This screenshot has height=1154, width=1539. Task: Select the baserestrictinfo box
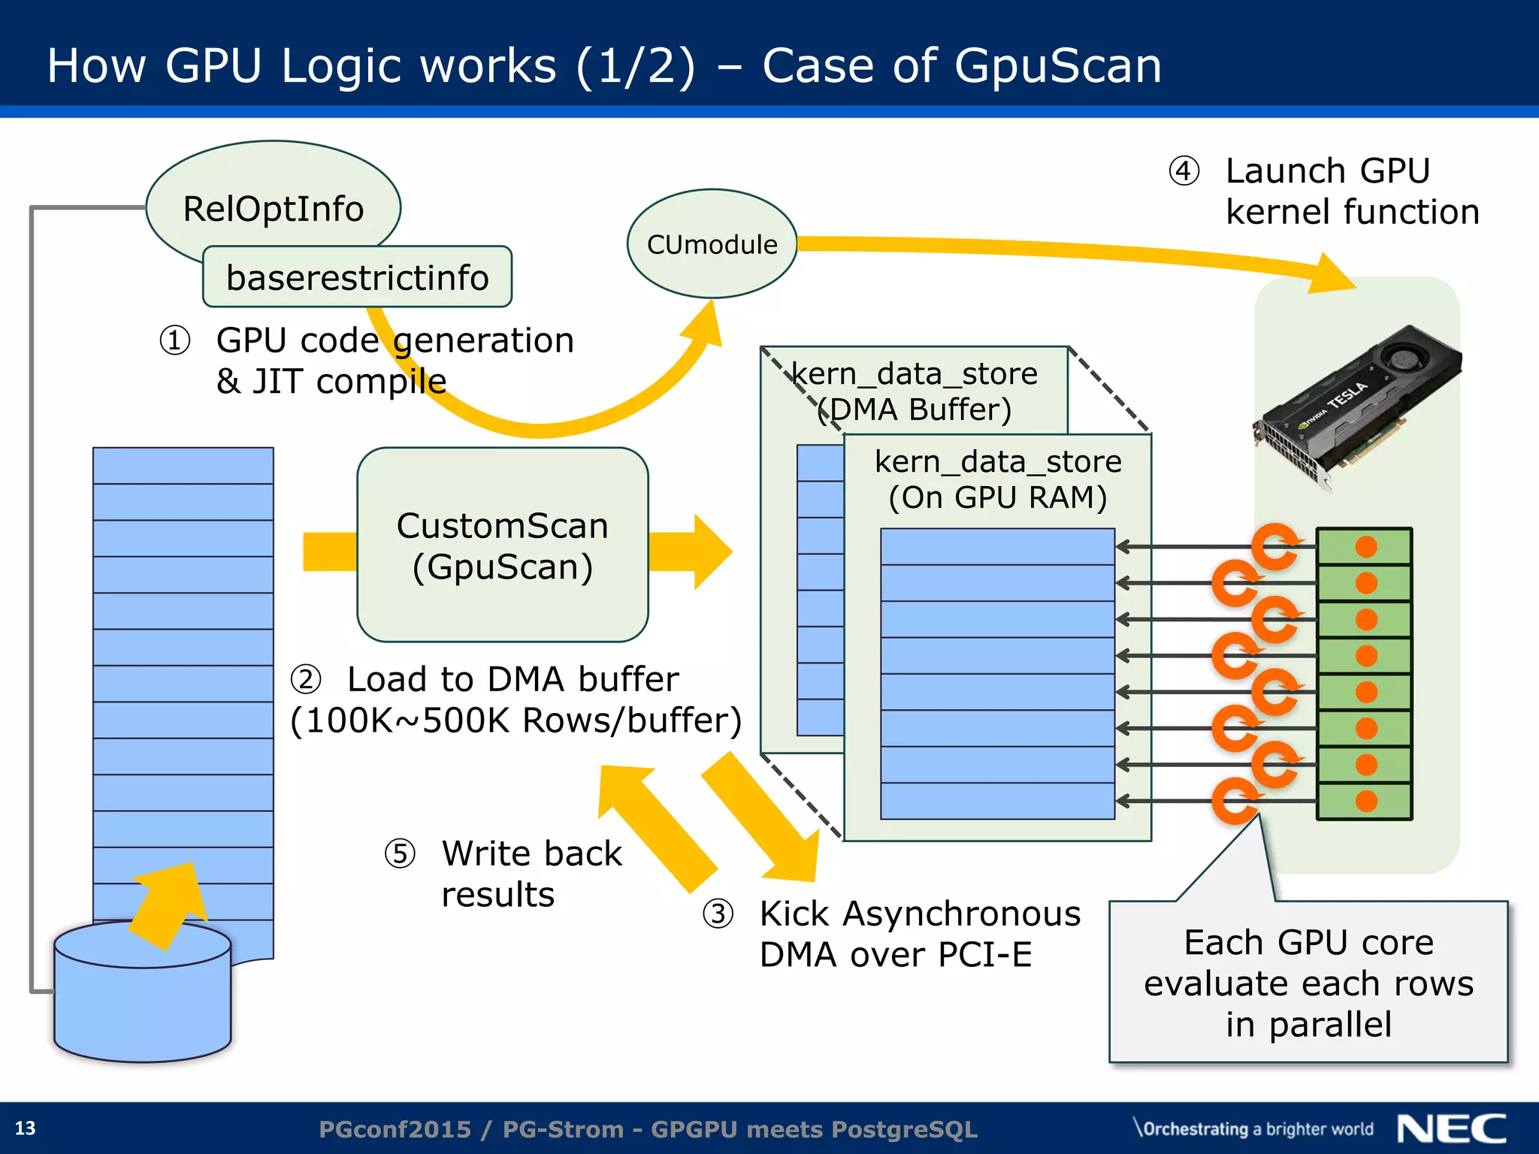(357, 277)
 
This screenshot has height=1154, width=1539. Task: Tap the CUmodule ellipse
(712, 244)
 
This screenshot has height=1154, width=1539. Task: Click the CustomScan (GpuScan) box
(502, 545)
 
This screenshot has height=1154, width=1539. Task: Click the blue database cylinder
(143, 999)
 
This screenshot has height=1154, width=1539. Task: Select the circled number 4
(1184, 171)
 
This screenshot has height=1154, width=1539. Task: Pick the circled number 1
(174, 340)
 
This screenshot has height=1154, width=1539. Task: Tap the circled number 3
(718, 914)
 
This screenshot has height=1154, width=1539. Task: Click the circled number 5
(400, 853)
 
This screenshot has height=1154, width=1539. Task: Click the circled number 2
(306, 679)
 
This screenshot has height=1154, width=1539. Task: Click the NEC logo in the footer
(1452, 1128)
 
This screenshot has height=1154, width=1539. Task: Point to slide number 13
(26, 1128)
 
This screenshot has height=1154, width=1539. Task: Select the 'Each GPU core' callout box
(1308, 981)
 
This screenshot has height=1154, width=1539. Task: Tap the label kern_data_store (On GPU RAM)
(998, 479)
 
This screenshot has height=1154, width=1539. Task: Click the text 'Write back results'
(531, 874)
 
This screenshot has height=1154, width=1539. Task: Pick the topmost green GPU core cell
(1365, 546)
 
